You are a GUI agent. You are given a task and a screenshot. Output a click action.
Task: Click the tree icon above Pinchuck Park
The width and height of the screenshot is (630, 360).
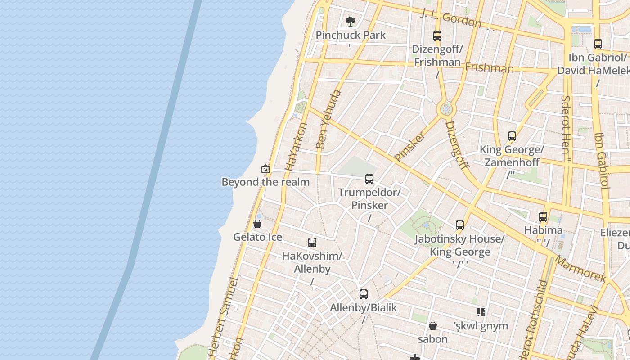pyautogui.click(x=350, y=21)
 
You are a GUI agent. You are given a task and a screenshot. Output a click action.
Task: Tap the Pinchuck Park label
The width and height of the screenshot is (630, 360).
pyautogui.click(x=351, y=35)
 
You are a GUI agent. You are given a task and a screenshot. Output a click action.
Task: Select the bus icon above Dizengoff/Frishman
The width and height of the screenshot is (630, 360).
pyautogui.click(x=437, y=36)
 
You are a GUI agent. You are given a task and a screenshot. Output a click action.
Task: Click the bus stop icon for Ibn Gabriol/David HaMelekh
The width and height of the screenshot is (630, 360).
pyautogui.click(x=598, y=44)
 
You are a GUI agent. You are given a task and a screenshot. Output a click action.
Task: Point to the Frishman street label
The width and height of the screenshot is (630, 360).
pyautogui.click(x=489, y=68)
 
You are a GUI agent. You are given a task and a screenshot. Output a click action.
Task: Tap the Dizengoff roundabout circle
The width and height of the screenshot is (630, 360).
pyautogui.click(x=446, y=108)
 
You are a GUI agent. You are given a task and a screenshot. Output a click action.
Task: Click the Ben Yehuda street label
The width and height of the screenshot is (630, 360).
pyautogui.click(x=328, y=120)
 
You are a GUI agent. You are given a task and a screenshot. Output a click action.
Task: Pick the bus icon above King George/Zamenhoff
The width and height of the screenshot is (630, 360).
pyautogui.click(x=512, y=136)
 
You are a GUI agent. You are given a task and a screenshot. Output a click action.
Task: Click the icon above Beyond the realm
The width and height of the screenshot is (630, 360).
pyautogui.click(x=265, y=169)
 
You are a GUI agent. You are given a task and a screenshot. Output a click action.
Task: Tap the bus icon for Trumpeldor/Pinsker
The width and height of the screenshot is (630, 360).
pyautogui.click(x=369, y=179)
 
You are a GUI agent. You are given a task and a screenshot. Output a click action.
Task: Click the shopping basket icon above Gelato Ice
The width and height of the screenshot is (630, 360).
pyautogui.click(x=257, y=224)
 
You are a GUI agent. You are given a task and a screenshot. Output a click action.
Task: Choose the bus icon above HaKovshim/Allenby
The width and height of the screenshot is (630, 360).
pyautogui.click(x=312, y=243)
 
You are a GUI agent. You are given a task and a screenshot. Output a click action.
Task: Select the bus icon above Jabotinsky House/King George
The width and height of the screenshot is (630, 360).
pyautogui.click(x=459, y=225)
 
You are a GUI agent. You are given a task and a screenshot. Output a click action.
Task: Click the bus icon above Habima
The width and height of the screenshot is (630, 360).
pyautogui.click(x=543, y=217)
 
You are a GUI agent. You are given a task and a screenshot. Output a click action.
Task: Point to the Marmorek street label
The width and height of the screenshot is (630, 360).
pyautogui.click(x=580, y=269)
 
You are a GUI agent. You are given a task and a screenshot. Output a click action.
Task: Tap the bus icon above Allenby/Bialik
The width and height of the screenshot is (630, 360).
pyautogui.click(x=364, y=294)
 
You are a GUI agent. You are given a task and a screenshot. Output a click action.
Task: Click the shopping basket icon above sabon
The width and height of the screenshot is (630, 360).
pyautogui.click(x=433, y=325)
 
